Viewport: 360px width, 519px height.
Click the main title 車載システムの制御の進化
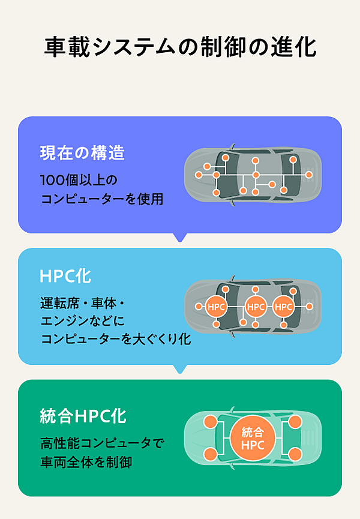pos(181,47)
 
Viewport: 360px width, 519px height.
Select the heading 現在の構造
pos(82,153)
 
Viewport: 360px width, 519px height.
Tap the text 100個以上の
pos(79,180)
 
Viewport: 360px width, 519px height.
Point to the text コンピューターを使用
pos(102,199)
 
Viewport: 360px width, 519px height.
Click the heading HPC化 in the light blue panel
pos(65,276)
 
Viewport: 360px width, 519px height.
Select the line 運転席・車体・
pos(83,303)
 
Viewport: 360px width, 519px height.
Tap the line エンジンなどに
pos(83,321)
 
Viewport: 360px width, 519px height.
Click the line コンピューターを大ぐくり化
pos(116,339)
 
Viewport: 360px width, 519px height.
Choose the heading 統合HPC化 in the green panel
pos(83,416)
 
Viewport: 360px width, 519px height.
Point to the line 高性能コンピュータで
pos(102,443)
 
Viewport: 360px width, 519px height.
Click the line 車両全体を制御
pos(86,462)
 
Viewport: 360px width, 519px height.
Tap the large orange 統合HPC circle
pos(253,438)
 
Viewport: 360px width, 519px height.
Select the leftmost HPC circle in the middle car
pos(216,307)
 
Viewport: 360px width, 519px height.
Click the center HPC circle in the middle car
pos(256,307)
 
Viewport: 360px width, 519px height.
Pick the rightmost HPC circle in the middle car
pos(283,307)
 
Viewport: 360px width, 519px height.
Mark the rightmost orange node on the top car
pos(309,175)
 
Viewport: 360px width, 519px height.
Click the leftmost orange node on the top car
pos(199,175)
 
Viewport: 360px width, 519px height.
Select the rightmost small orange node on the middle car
pos(310,307)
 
